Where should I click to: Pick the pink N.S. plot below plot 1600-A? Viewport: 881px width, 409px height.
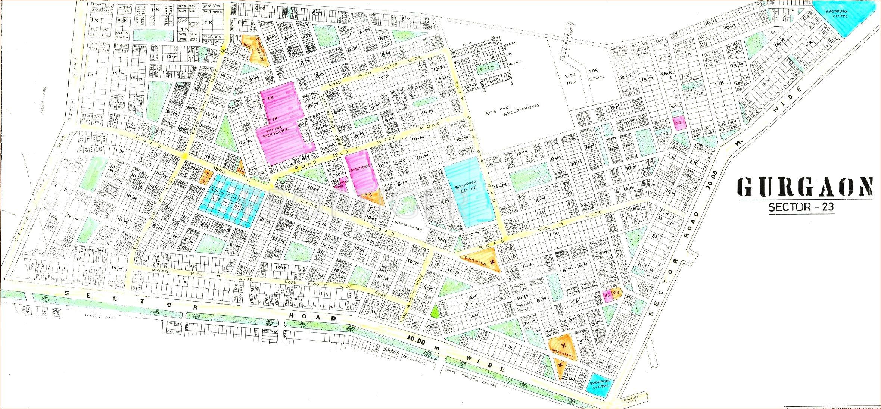tap(679, 124)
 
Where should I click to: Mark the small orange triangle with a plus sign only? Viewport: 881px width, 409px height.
tap(560, 367)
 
